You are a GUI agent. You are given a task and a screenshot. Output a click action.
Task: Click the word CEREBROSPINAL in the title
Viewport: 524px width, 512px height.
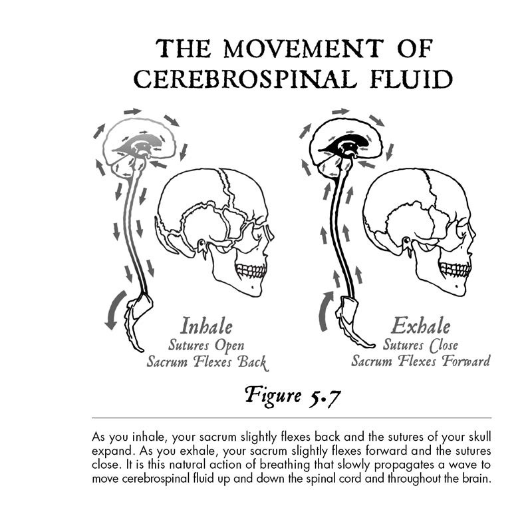[245, 79]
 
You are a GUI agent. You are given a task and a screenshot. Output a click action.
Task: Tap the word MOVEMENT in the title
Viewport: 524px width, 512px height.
[303, 49]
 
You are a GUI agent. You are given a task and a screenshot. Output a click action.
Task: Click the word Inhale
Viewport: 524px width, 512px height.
[206, 326]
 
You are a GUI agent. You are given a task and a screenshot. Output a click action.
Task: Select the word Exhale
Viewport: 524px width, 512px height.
[421, 326]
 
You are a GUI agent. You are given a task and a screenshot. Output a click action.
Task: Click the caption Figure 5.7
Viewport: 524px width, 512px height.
[293, 396]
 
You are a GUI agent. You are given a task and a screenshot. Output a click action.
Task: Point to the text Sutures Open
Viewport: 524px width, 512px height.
[206, 346]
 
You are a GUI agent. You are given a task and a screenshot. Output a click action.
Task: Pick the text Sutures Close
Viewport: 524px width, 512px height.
[420, 345]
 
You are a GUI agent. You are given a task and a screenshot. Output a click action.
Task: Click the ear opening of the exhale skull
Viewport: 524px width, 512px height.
[406, 241]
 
